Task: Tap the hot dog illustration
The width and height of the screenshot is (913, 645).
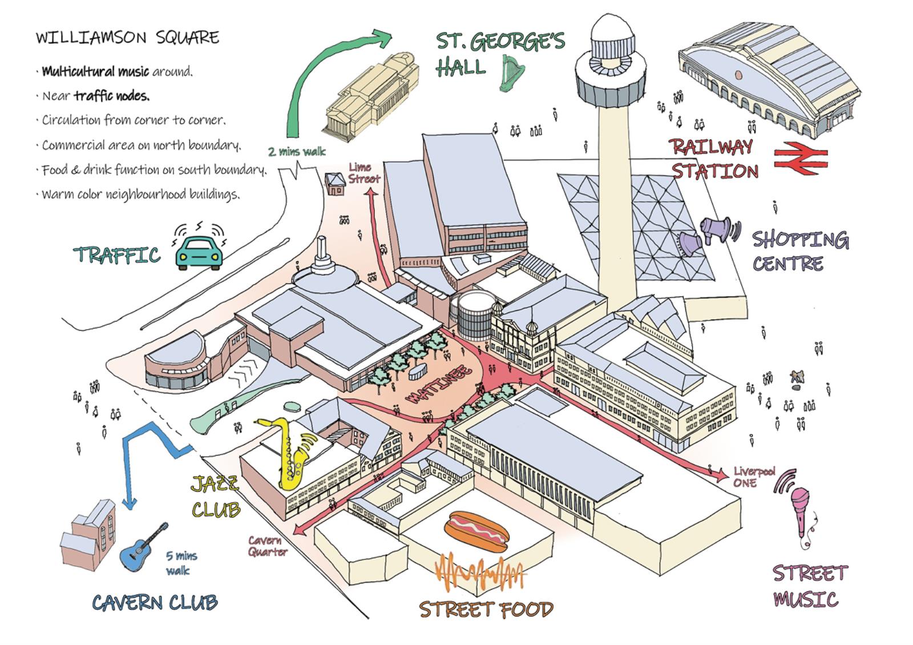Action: pos(476,531)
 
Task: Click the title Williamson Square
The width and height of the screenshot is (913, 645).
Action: pos(127,38)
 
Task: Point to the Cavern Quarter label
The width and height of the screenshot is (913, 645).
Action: pos(267,546)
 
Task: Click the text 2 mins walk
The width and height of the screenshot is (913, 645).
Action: pos(297,151)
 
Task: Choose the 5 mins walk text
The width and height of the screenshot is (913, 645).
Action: pos(181,562)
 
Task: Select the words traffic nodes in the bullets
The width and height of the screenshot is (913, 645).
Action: pos(111,96)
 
